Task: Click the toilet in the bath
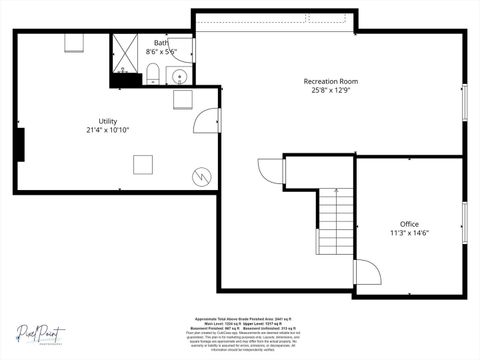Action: click(x=153, y=73)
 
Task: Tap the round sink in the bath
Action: click(x=180, y=76)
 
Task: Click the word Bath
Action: click(x=161, y=43)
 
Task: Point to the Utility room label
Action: click(x=108, y=121)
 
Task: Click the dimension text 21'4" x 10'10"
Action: click(x=108, y=130)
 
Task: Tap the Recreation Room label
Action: click(x=331, y=81)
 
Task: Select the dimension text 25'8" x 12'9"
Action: click(x=331, y=90)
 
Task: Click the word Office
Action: click(x=409, y=223)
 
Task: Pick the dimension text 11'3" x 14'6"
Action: click(x=409, y=233)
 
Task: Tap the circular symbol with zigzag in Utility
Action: click(x=203, y=176)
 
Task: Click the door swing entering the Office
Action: click(x=366, y=272)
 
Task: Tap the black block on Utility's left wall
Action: click(x=18, y=144)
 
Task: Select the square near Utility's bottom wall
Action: click(x=144, y=165)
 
